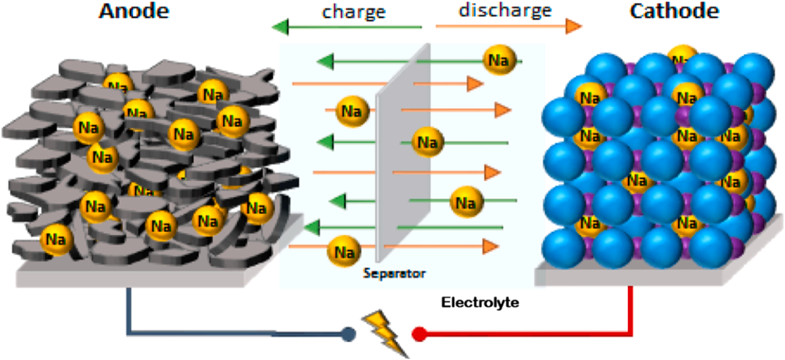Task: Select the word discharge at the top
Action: (504, 9)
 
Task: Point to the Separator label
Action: (395, 273)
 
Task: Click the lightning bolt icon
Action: (386, 334)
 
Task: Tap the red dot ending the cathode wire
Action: (419, 333)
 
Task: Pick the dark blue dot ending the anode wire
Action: (348, 334)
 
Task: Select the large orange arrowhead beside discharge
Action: (573, 26)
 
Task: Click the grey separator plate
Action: (403, 153)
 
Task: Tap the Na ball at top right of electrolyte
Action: (499, 60)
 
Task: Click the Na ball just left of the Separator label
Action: (343, 250)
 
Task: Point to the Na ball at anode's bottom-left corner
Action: (55, 239)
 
